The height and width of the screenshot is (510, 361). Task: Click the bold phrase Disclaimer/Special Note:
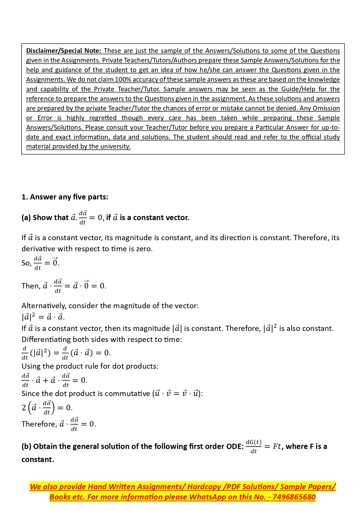coord(63,51)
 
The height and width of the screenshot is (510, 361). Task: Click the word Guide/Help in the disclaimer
coord(299,89)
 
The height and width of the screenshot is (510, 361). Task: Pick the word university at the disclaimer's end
coord(115,147)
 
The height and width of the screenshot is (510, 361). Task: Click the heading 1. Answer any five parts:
coord(65,197)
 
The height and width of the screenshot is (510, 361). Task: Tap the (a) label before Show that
coord(26,218)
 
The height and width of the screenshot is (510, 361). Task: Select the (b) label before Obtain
coord(26,447)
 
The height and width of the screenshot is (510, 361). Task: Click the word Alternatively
coord(44,306)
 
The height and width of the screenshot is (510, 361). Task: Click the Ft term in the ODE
coord(277,447)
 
